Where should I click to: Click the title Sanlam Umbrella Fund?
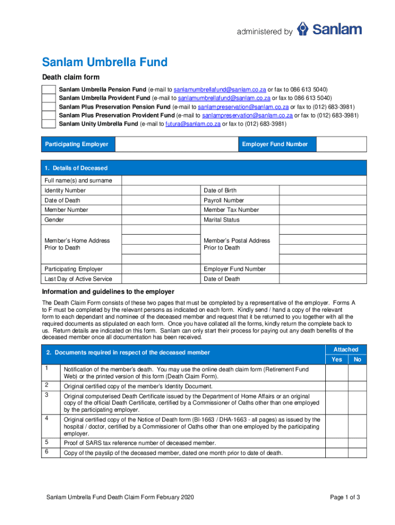(105, 63)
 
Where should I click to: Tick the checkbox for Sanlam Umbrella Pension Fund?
(48, 89)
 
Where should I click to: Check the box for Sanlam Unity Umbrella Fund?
(48, 124)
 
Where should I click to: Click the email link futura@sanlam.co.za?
(192, 124)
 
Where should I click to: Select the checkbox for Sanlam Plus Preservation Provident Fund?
(48, 115)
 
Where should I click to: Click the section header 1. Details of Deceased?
(76, 168)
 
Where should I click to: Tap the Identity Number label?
(65, 190)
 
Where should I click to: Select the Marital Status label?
(222, 219)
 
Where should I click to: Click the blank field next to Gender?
(161, 219)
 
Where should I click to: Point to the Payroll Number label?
(224, 200)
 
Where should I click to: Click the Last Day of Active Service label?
(78, 279)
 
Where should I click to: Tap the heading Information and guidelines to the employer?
(108, 292)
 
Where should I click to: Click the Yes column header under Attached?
(337, 359)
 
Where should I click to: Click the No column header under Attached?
(358, 359)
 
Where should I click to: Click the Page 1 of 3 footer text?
(345, 497)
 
